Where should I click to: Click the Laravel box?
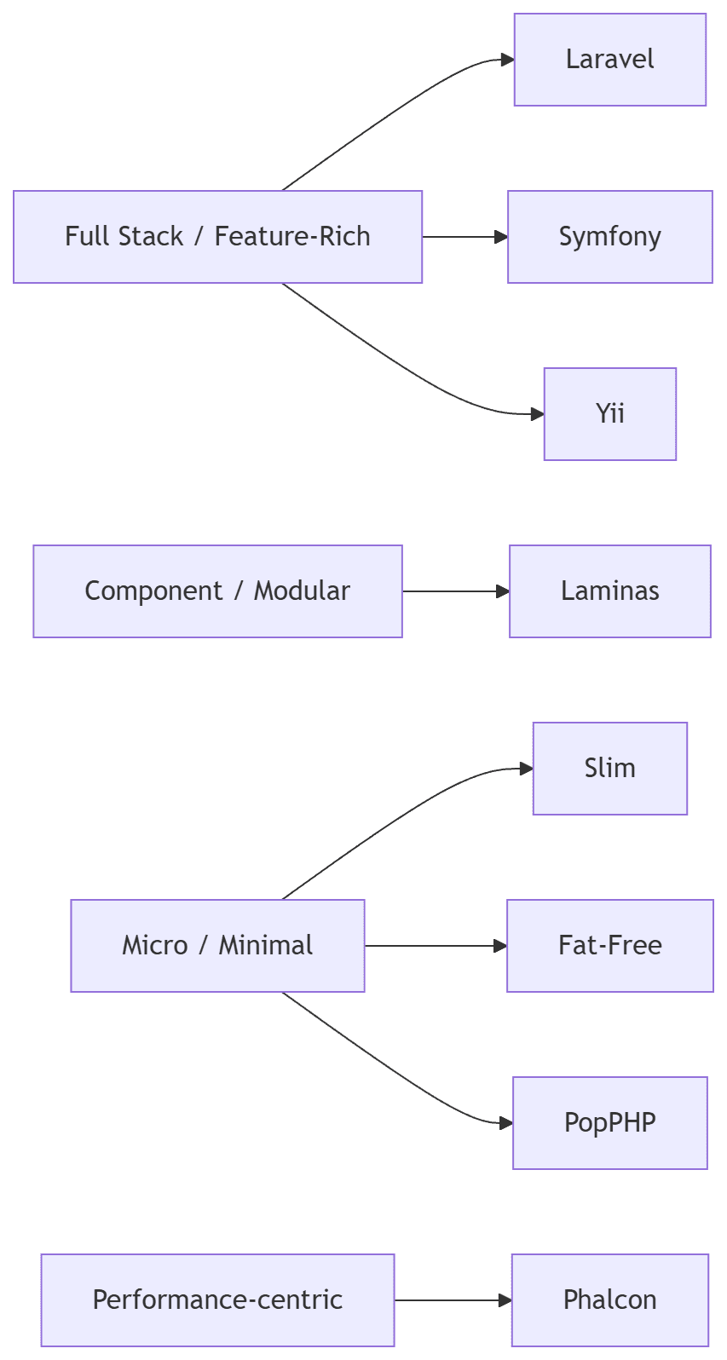[609, 60]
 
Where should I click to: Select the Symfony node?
[609, 237]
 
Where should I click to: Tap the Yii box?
[609, 414]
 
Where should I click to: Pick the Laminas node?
[609, 591]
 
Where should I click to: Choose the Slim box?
[609, 769]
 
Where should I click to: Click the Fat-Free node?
[609, 946]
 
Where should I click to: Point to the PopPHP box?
[609, 1123]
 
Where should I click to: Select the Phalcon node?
[609, 1300]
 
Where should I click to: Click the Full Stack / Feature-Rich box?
[217, 237]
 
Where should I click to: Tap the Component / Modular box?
[217, 591]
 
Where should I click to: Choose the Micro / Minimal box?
[217, 946]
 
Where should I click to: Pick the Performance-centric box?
[217, 1300]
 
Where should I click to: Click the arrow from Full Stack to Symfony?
[464, 237]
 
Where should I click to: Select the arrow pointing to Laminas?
[456, 591]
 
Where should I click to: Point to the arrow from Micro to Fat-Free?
[436, 946]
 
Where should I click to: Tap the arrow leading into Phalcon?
[453, 1300]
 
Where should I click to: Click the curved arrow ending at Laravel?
[392, 112]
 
